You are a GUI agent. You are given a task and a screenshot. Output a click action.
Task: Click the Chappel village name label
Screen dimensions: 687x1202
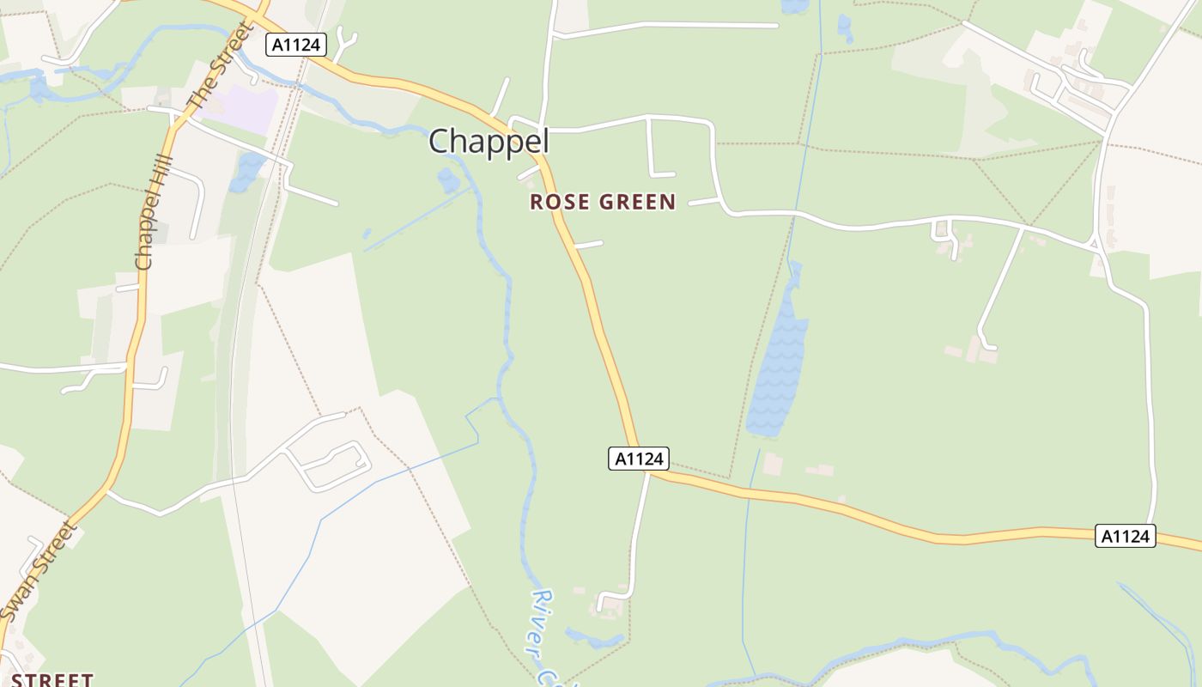tap(489, 142)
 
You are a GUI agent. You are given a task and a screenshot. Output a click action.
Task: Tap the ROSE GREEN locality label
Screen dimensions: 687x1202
tap(603, 203)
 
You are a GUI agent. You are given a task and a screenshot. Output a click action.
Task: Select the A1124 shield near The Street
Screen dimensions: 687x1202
tap(296, 45)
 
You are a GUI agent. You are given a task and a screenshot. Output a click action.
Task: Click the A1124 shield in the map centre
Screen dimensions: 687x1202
tap(639, 459)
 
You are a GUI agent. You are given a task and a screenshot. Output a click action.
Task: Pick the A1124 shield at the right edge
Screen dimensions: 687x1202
tap(1126, 536)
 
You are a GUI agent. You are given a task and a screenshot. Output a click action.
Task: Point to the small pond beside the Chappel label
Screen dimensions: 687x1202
tap(448, 180)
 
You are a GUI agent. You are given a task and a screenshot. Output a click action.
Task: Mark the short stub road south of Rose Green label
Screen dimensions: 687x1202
tap(588, 245)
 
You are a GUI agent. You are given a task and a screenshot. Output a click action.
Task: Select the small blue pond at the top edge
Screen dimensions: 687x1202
tap(795, 6)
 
